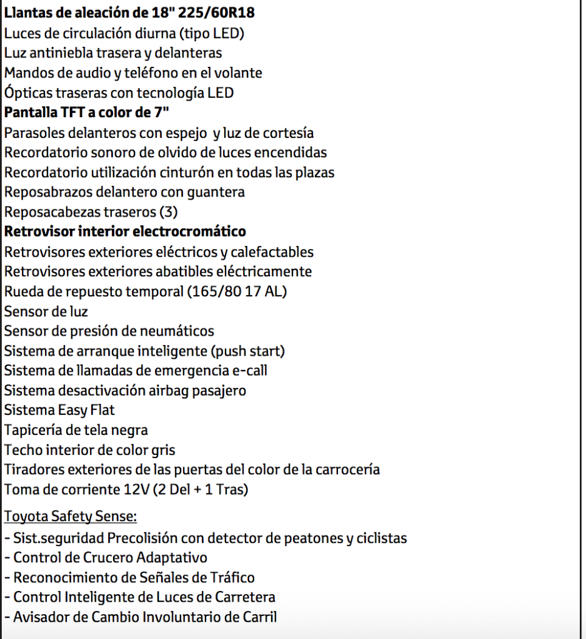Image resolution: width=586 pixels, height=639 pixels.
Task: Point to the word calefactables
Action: pos(272,252)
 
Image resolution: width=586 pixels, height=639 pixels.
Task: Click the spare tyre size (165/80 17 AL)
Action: pos(232,291)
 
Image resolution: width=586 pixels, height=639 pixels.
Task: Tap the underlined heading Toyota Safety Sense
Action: pos(70,517)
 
